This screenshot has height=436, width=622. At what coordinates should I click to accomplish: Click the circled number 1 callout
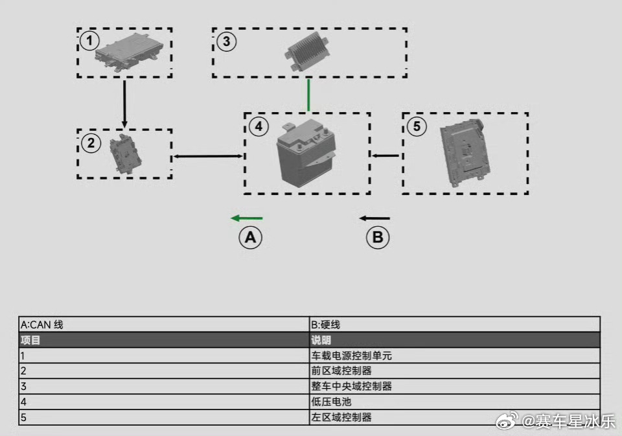point(89,40)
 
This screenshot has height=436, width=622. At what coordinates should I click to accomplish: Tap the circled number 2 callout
point(91,143)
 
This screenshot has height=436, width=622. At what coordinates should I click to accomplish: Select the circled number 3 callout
point(227,41)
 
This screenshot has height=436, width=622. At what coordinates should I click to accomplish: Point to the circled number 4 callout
point(259,126)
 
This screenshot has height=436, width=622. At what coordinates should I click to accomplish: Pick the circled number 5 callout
point(417,126)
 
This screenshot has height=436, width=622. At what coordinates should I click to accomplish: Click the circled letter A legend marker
point(250,238)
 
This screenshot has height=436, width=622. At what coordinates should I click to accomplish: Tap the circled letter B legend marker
point(378,238)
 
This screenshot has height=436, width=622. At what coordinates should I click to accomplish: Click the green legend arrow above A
point(247,218)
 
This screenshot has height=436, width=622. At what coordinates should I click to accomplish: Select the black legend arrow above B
point(374,218)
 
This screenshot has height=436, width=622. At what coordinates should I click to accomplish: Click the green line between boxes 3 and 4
point(308,95)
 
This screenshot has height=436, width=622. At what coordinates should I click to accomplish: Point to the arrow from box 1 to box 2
point(124,104)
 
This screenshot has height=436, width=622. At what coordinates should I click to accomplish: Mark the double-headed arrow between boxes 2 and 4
point(208,156)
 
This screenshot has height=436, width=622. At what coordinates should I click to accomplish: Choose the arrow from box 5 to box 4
point(385,155)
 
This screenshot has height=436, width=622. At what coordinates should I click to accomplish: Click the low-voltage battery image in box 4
point(306,153)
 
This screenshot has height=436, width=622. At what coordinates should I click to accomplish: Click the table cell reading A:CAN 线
point(164,325)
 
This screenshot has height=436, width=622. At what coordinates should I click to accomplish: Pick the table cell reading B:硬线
point(455,325)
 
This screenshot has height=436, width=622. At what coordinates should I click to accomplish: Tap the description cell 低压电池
point(455,402)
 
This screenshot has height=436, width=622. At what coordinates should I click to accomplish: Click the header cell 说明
point(455,340)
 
